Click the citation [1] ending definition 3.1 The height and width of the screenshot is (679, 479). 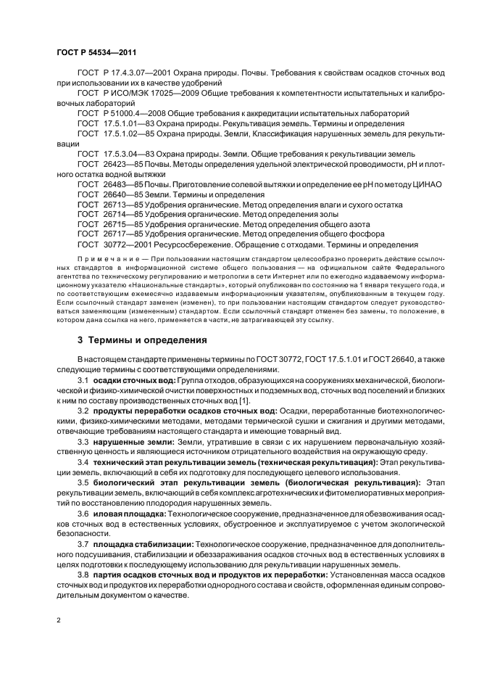(x=245, y=401)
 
